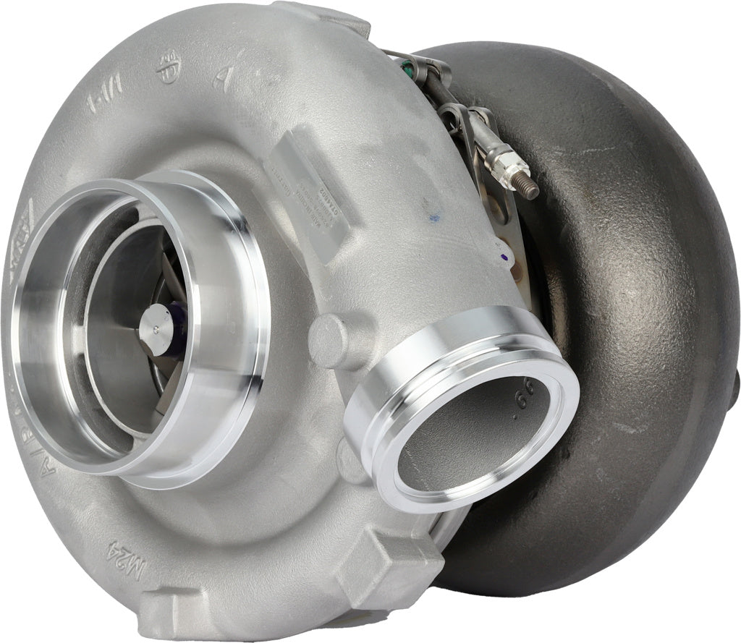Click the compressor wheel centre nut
pyautogui.click(x=154, y=329)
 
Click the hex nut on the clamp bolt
pyautogui.click(x=500, y=169)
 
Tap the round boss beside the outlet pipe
pyautogui.click(x=329, y=341)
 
